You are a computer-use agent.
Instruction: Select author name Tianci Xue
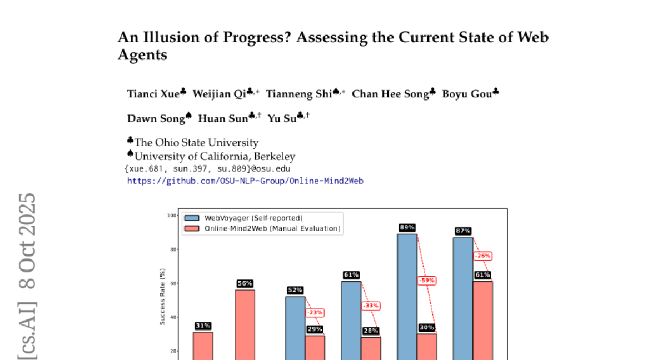pyautogui.click(x=153, y=93)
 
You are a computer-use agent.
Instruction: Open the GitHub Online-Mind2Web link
pyautogui.click(x=245, y=181)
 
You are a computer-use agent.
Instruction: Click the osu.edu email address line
pyautogui.click(x=207, y=168)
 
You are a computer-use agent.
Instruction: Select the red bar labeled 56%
pyautogui.click(x=245, y=322)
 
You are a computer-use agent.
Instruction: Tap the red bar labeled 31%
pyautogui.click(x=203, y=344)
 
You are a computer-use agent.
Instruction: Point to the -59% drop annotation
pyautogui.click(x=427, y=281)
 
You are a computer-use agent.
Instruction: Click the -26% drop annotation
pyautogui.click(x=483, y=256)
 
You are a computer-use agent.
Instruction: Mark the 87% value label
pyautogui.click(x=463, y=231)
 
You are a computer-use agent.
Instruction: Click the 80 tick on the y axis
pyautogui.click(x=173, y=249)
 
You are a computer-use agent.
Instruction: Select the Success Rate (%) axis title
pyautogui.click(x=163, y=297)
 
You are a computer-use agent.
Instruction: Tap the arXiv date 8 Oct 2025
pyautogui.click(x=28, y=241)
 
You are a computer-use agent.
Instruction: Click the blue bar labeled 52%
pyautogui.click(x=296, y=328)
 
